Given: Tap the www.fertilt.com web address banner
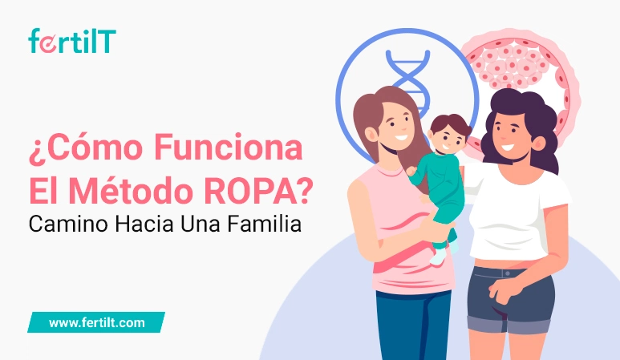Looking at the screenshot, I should [96, 322].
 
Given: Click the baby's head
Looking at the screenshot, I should [448, 133].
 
